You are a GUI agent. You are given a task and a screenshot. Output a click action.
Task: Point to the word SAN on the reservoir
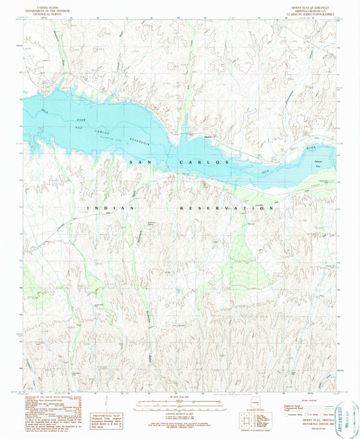pos(138,162)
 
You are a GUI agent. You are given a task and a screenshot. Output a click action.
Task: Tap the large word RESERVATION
pos(226,209)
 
